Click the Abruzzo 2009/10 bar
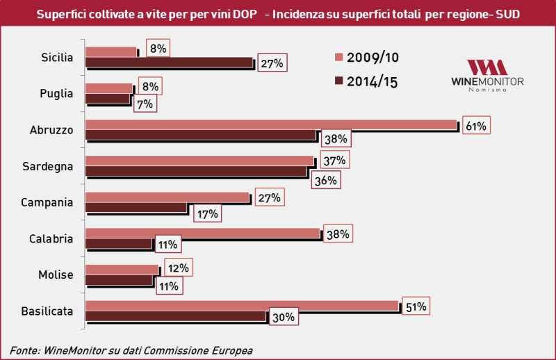pyautogui.click(x=271, y=124)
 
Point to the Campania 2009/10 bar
pyautogui.click(x=167, y=197)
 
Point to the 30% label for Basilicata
pyautogui.click(x=284, y=318)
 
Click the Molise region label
pyautogui.click(x=57, y=275)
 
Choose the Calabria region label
pyautogui.click(x=52, y=238)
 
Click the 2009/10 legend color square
pyautogui.click(x=339, y=56)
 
